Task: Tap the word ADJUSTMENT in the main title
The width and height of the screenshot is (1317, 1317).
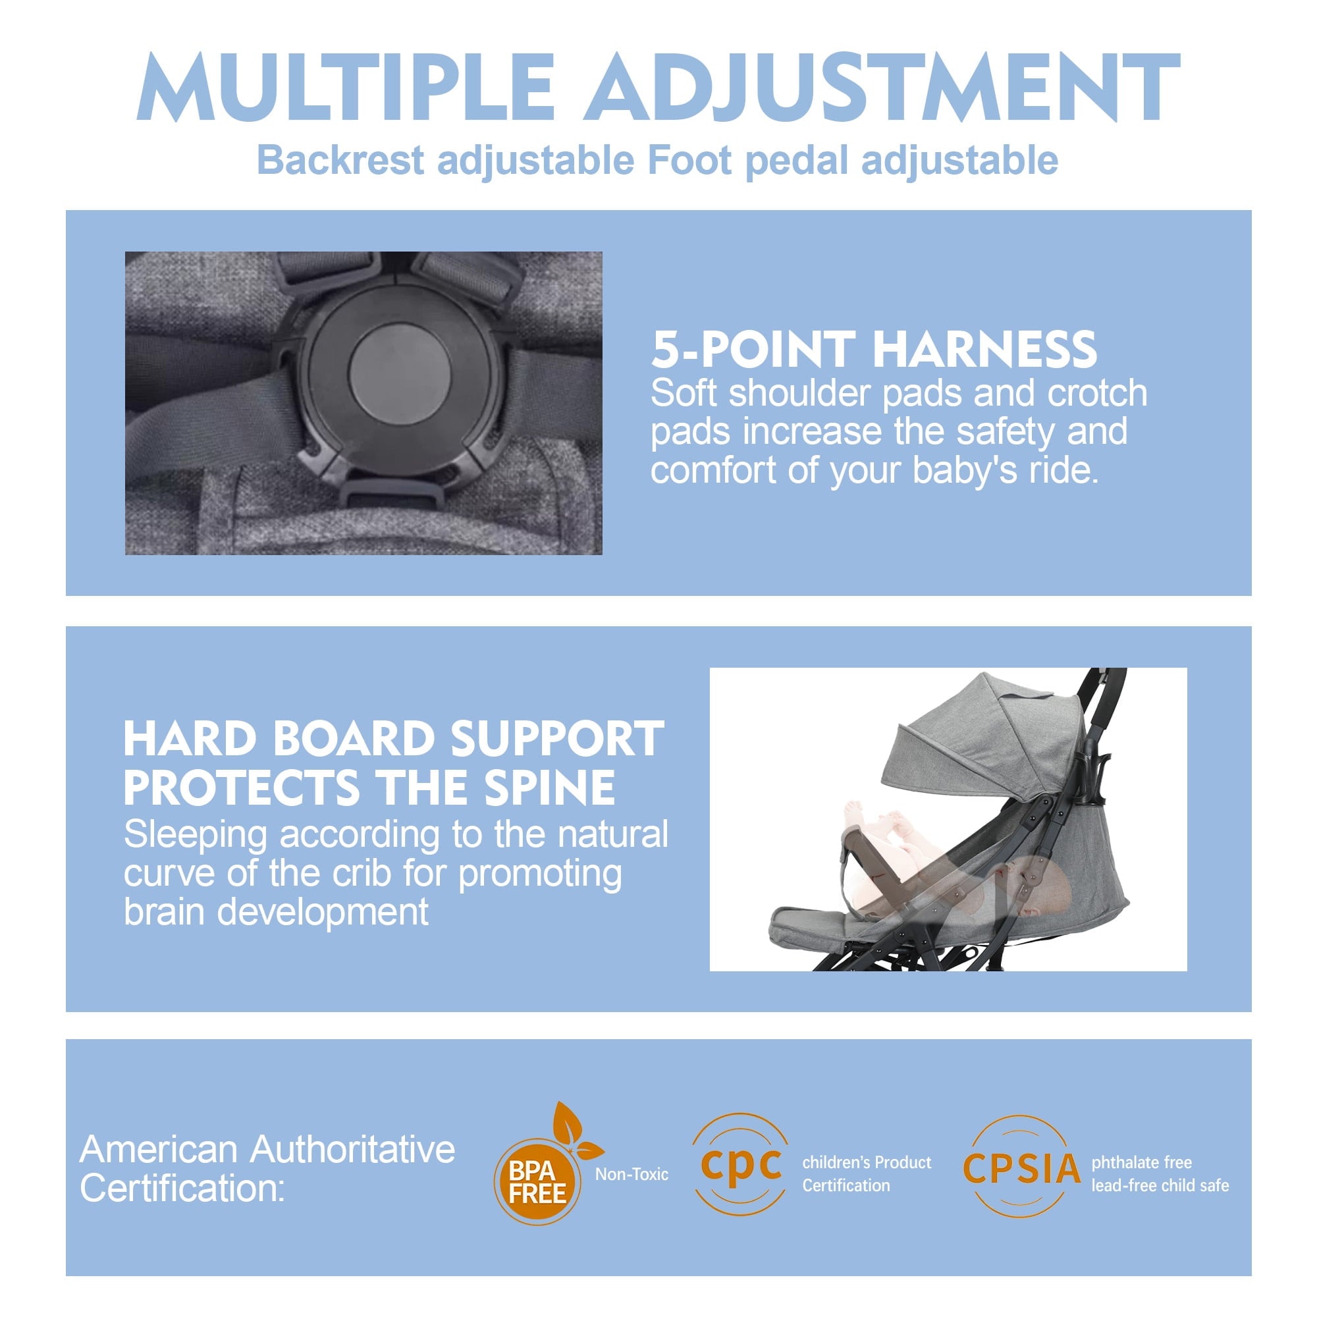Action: click(883, 89)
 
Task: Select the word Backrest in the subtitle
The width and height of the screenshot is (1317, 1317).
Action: click(341, 160)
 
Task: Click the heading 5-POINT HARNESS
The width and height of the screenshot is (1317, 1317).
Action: click(873, 349)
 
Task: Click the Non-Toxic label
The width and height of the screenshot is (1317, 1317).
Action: click(632, 1174)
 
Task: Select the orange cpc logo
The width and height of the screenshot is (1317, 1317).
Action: click(741, 1164)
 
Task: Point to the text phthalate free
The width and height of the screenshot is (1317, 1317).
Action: click(1141, 1162)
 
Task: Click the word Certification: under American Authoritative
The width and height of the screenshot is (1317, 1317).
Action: click(181, 1188)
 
